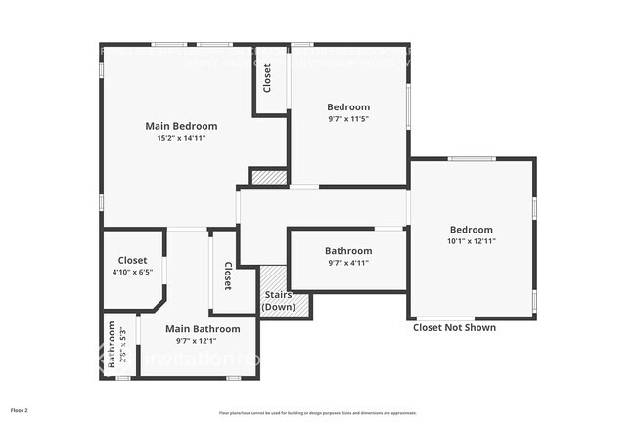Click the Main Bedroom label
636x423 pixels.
[x=181, y=126]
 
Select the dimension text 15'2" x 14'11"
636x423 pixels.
[x=181, y=139]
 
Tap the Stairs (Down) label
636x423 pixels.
[x=278, y=301]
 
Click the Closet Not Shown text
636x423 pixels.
[x=454, y=328]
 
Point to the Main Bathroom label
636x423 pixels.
[x=203, y=329]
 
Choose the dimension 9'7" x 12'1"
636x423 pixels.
[x=203, y=341]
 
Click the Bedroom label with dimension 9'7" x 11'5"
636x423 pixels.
[x=348, y=106]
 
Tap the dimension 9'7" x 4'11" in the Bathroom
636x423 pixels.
[x=348, y=263]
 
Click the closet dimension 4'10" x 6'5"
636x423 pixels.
[x=132, y=273]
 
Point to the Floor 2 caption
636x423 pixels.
[x=20, y=410]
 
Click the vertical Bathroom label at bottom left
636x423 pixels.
[x=113, y=344]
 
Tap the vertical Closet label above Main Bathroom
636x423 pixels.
[x=227, y=276]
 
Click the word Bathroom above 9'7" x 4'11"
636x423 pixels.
[x=348, y=251]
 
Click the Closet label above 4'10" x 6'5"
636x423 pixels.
[x=132, y=260]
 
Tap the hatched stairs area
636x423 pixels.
[x=296, y=304]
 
